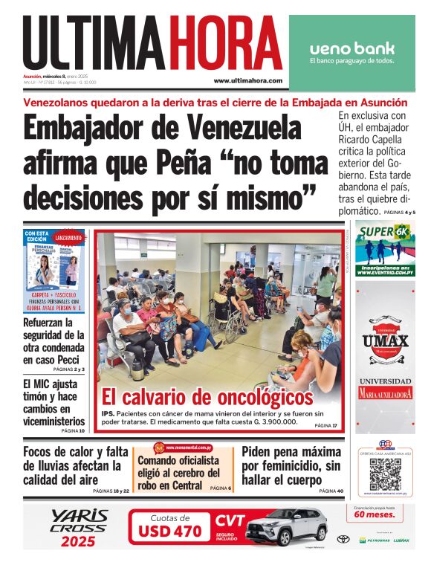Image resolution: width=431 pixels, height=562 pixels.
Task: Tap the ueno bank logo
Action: (351, 49)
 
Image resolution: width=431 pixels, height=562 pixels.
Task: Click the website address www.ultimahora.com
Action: (247, 80)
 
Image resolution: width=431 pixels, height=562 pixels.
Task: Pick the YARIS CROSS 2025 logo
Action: (79, 527)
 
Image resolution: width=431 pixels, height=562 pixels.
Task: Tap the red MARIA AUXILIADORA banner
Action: (385, 394)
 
